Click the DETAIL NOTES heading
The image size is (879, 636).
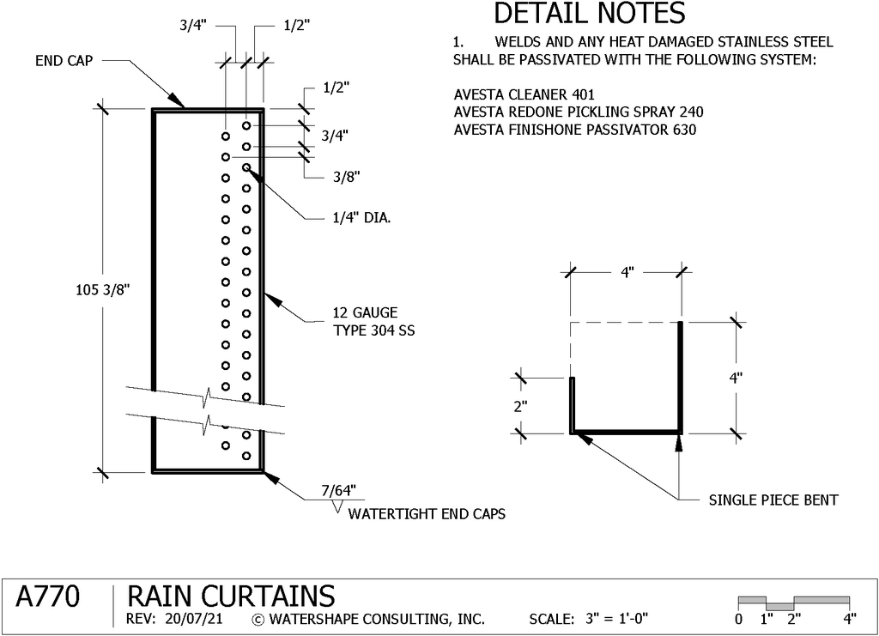pyautogui.click(x=589, y=13)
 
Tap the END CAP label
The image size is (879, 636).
pyautogui.click(x=64, y=61)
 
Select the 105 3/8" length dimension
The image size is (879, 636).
pyautogui.click(x=103, y=290)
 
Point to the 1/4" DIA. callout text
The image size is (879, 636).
pyautogui.click(x=361, y=217)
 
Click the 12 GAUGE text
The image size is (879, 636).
pyautogui.click(x=365, y=312)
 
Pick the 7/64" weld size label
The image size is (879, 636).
pyautogui.click(x=338, y=490)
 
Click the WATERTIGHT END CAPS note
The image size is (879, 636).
pyautogui.click(x=427, y=514)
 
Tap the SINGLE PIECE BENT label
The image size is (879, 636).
pyautogui.click(x=773, y=500)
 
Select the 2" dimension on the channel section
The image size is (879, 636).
pyautogui.click(x=521, y=406)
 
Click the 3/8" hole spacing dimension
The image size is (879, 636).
pyautogui.click(x=347, y=177)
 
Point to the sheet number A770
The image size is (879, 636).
pyautogui.click(x=48, y=597)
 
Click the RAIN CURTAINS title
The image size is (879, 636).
pyautogui.click(x=231, y=597)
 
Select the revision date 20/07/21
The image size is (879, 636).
pyautogui.click(x=194, y=619)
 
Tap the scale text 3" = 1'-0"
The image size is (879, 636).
pyautogui.click(x=616, y=619)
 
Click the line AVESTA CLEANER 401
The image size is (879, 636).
pyautogui.click(x=524, y=94)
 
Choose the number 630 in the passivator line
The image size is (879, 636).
pyautogui.click(x=684, y=130)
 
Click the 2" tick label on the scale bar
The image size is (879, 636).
pyautogui.click(x=794, y=619)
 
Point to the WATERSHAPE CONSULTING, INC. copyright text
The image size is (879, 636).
pyautogui.click(x=368, y=619)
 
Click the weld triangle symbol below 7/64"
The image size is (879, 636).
pyautogui.click(x=337, y=507)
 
